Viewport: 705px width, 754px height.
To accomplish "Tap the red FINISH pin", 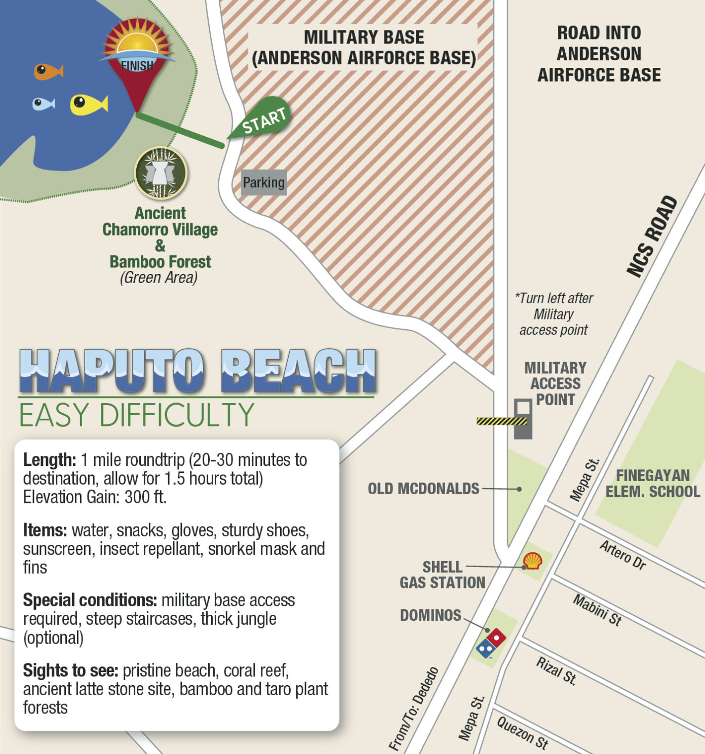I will [x=137, y=61].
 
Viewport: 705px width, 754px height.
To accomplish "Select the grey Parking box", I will [x=264, y=182].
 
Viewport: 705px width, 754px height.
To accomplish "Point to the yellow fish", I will [x=88, y=104].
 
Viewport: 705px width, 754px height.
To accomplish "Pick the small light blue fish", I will [x=43, y=104].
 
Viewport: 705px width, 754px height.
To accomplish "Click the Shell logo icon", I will [x=532, y=561].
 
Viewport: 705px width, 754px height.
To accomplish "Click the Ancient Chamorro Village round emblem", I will [x=161, y=173].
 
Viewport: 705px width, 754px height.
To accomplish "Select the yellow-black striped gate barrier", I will [x=501, y=421].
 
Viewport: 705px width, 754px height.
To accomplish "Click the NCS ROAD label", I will [x=652, y=236].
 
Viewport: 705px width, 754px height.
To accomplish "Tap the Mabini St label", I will [x=598, y=610].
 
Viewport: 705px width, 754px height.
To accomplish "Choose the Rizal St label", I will [x=557, y=671].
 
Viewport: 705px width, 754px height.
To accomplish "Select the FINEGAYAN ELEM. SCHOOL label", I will [x=652, y=483].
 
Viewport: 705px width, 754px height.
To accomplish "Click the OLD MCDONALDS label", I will [x=423, y=489].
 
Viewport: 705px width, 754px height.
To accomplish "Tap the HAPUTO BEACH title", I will [x=198, y=371].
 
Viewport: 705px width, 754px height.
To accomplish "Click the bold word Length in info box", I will [x=49, y=460].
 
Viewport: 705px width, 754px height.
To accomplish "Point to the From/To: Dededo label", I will [x=413, y=708].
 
